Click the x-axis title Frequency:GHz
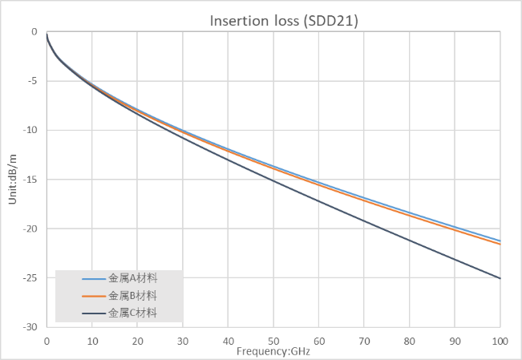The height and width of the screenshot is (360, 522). click(x=273, y=351)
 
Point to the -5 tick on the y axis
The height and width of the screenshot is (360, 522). click(x=32, y=81)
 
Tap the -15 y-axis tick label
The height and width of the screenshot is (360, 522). click(x=30, y=180)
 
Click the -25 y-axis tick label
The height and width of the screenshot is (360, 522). click(x=30, y=278)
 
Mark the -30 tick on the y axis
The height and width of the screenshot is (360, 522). click(x=30, y=327)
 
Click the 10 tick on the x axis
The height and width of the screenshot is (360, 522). click(x=91, y=341)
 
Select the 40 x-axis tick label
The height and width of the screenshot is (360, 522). click(x=228, y=341)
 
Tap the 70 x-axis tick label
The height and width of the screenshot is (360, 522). click(x=364, y=341)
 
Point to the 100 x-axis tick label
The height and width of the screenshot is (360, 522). click(x=500, y=341)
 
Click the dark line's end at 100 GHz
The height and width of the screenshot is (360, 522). click(x=500, y=278)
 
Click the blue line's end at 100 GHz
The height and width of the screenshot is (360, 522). click(x=500, y=241)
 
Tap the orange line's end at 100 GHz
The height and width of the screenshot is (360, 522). click(x=500, y=244)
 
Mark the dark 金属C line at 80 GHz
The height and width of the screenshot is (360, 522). click(x=409, y=240)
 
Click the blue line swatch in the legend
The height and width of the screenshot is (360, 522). click(x=93, y=279)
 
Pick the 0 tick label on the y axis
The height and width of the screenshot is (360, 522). click(x=34, y=32)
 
